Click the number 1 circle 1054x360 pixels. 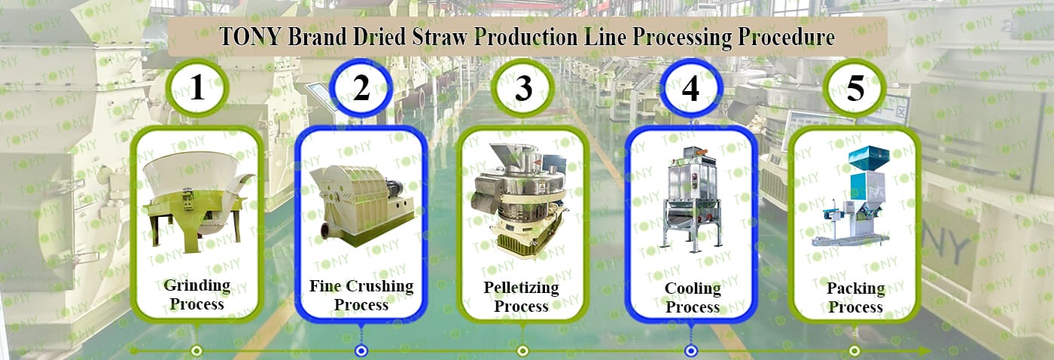[x=197, y=87]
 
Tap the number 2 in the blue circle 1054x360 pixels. [x=361, y=88]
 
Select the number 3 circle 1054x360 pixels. [x=523, y=87]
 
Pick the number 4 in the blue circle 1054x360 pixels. [x=690, y=88]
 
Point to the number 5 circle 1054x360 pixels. [x=855, y=87]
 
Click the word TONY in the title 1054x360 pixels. [x=250, y=37]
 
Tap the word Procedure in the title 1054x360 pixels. [x=786, y=37]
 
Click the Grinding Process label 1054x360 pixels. [x=197, y=294]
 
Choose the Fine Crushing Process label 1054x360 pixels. [x=361, y=295]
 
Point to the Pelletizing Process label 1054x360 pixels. [x=521, y=297]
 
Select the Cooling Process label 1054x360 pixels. [x=693, y=297]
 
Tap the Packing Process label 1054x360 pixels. [x=855, y=297]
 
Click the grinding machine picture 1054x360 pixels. [x=198, y=201]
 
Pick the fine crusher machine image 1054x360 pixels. [x=362, y=206]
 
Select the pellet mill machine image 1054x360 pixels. [x=519, y=201]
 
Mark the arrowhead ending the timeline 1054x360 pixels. [x=925, y=351]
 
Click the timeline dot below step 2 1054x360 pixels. [x=361, y=351]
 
